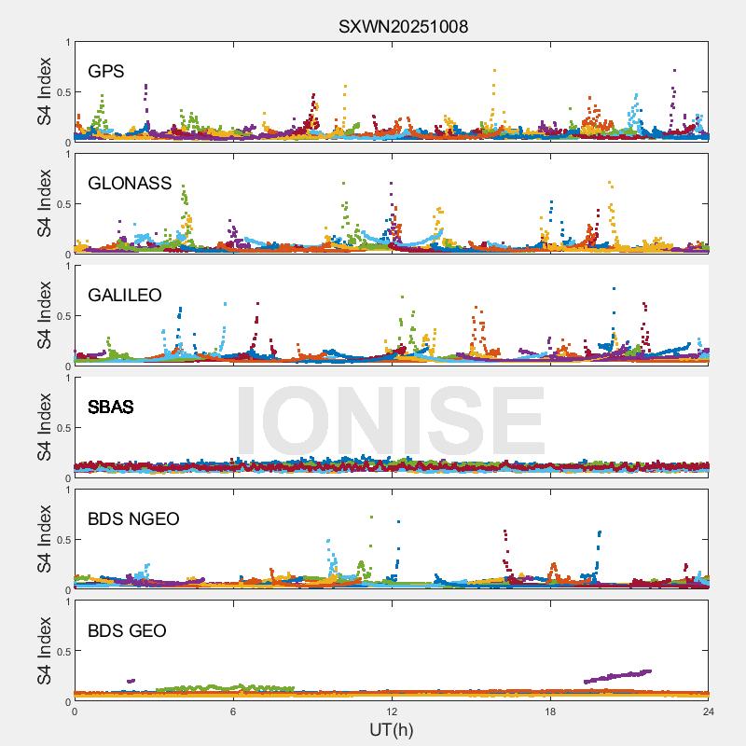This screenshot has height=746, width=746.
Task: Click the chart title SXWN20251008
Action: tap(403, 27)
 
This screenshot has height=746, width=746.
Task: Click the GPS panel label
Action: tap(106, 71)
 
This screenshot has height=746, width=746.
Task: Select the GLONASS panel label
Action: tap(130, 183)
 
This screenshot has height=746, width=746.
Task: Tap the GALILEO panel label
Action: tap(125, 295)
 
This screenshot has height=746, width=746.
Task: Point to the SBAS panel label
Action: tap(110, 407)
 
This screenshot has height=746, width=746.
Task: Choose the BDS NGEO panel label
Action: tap(133, 518)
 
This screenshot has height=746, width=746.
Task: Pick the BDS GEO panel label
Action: tap(127, 630)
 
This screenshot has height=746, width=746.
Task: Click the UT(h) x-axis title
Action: tap(391, 729)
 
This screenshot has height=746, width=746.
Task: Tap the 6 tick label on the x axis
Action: tap(233, 711)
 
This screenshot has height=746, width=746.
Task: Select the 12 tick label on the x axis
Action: tap(392, 711)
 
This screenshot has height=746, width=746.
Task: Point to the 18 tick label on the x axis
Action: tap(550, 711)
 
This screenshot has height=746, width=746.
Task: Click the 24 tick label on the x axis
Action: tap(709, 711)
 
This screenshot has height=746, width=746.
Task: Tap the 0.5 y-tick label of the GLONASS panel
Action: tap(61, 204)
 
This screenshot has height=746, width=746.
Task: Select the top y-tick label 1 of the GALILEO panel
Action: tap(67, 266)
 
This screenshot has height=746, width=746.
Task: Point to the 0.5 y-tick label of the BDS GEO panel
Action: tap(61, 652)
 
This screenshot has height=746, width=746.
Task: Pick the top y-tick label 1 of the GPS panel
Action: tap(67, 42)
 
